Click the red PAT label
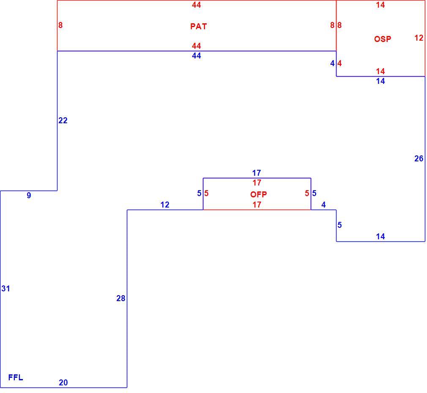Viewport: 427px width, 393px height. tap(199, 26)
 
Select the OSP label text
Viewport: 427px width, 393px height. tap(383, 39)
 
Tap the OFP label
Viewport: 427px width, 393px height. tap(258, 194)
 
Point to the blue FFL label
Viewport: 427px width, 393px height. tap(16, 377)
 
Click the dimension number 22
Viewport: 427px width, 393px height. tap(63, 121)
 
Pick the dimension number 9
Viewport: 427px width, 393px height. tap(29, 195)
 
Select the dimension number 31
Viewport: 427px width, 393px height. tap(6, 288)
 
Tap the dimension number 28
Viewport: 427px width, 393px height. tap(121, 299)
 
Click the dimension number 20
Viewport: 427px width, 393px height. tap(63, 383)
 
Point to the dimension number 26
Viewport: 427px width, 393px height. tap(419, 158)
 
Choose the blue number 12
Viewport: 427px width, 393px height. tap(165, 205)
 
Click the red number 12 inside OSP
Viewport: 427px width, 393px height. tap(419, 38)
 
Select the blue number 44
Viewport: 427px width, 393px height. tap(197, 55)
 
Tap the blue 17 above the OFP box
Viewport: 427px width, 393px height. tap(257, 173)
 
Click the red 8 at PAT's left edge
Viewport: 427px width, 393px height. tap(60, 25)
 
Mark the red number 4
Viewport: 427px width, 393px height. tap(339, 63)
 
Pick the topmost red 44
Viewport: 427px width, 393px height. tap(197, 5)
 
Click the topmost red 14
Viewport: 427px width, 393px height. tap(380, 5)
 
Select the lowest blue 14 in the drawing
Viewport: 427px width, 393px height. tap(380, 236)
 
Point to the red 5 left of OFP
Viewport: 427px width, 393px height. tap(206, 194)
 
